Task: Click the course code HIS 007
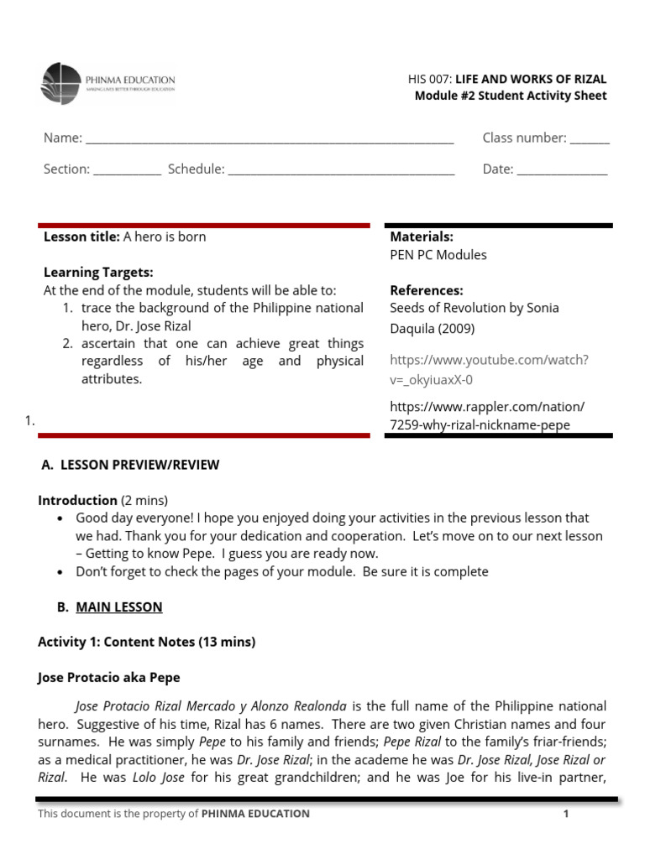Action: pyautogui.click(x=429, y=79)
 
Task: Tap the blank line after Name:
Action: pyautogui.click(x=270, y=140)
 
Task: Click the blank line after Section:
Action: pyautogui.click(x=127, y=171)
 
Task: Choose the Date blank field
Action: pyautogui.click(x=562, y=171)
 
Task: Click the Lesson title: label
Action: pyautogui.click(x=81, y=237)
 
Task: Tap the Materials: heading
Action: pyautogui.click(x=422, y=237)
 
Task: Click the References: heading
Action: pyautogui.click(x=427, y=290)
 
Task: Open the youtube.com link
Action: pyautogui.click(x=489, y=369)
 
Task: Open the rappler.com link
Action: pyautogui.click(x=487, y=415)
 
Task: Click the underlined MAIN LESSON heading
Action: pyautogui.click(x=119, y=607)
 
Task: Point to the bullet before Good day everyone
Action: pyautogui.click(x=60, y=518)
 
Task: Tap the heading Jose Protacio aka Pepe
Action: pyautogui.click(x=109, y=677)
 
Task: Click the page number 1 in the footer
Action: pyautogui.click(x=566, y=814)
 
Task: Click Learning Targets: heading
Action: pyautogui.click(x=98, y=273)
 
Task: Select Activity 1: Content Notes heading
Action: pyautogui.click(x=146, y=642)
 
